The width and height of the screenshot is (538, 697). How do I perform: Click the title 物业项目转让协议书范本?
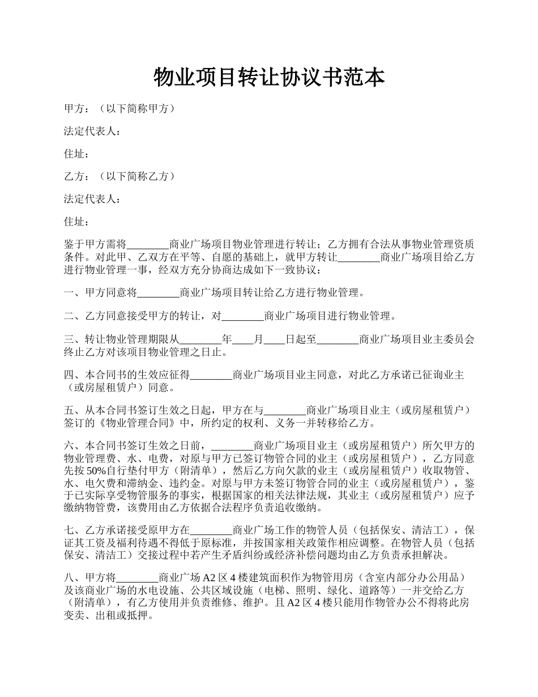tap(269, 78)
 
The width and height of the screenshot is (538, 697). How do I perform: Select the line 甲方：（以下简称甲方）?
tap(119, 109)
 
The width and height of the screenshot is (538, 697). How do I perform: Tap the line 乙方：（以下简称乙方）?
tap(119, 176)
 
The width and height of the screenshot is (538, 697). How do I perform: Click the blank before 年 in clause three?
tap(200, 340)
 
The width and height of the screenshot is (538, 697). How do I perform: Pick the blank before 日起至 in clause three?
tap(274, 340)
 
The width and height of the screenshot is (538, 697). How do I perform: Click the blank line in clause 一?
tap(158, 293)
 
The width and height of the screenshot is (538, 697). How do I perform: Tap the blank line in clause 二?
tap(242, 316)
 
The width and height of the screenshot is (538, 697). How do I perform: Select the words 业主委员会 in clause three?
tap(449, 340)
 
